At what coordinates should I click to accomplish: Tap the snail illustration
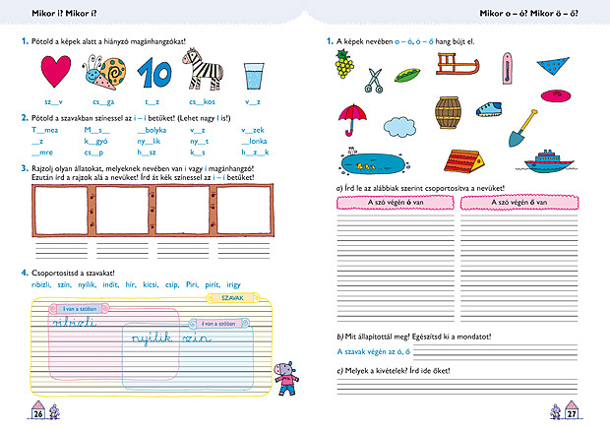(103, 73)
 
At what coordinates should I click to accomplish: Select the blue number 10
(154, 73)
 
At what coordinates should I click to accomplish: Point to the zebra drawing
(203, 72)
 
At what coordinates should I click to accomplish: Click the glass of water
(253, 74)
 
